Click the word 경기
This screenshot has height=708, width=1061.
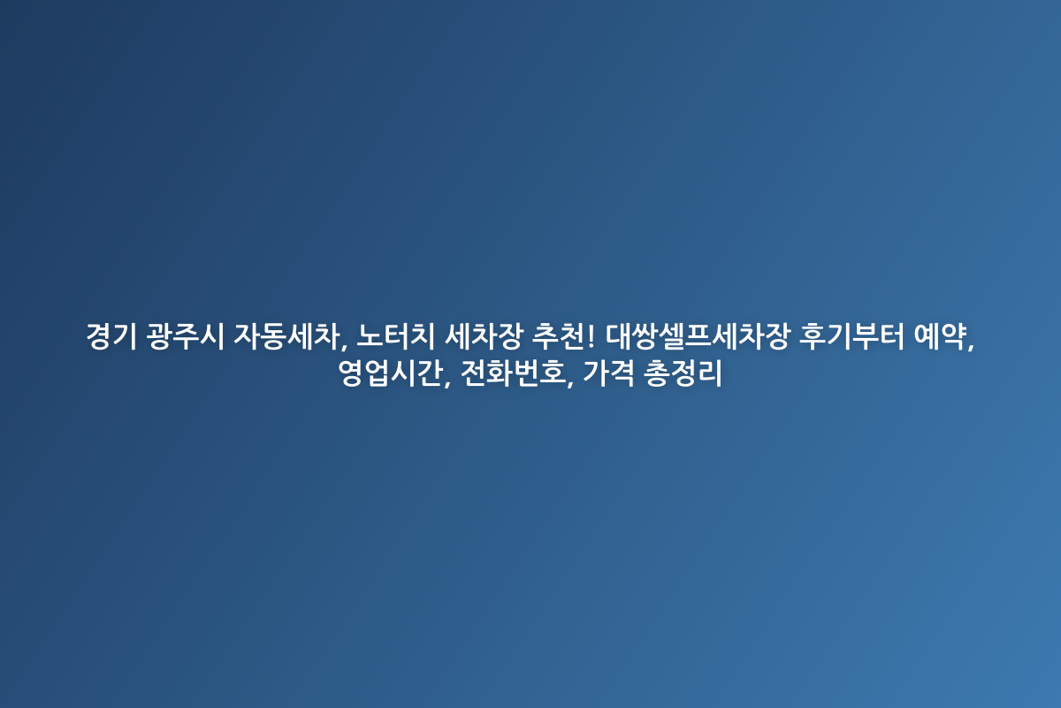point(111,336)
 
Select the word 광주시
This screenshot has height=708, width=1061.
point(185,336)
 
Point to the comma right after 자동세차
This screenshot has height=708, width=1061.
point(343,346)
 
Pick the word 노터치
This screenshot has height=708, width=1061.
point(395,336)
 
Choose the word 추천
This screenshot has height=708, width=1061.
point(559,336)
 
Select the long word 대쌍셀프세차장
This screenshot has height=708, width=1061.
point(698,336)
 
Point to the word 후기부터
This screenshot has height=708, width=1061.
point(851,336)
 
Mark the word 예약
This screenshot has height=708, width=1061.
point(940,336)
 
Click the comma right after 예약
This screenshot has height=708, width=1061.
point(971,346)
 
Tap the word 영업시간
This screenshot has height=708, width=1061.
point(391,373)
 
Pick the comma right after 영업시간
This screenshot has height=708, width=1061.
point(447,382)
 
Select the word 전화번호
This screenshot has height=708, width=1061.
point(513,373)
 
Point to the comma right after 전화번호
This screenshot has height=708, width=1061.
point(570,382)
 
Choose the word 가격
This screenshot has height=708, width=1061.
point(608,373)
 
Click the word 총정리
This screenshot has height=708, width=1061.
point(683,373)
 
